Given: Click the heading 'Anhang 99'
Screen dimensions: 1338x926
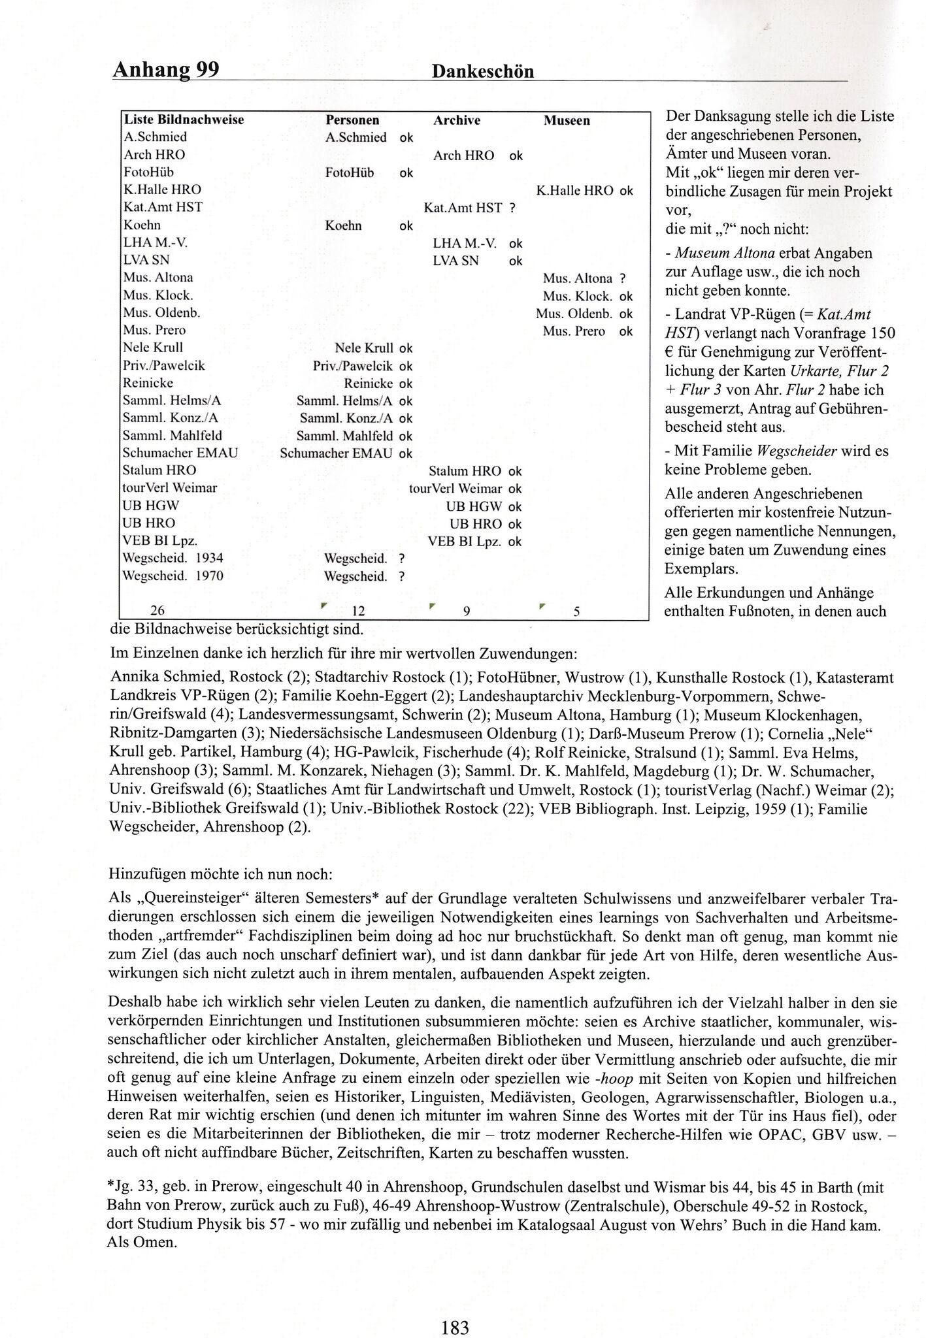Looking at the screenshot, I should tap(165, 69).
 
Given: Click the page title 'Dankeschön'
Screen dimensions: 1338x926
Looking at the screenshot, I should tap(483, 72).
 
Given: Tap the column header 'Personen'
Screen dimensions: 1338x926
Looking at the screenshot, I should tap(352, 120).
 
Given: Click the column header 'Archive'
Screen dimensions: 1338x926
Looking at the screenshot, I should tap(456, 120).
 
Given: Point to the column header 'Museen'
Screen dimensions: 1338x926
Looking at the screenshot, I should tap(567, 120).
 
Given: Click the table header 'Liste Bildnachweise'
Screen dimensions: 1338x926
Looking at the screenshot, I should tap(184, 120).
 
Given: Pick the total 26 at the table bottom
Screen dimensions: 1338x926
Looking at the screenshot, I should tap(157, 610).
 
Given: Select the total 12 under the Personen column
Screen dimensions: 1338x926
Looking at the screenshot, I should tap(357, 611).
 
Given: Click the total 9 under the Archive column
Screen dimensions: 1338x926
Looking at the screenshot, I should tap(467, 611).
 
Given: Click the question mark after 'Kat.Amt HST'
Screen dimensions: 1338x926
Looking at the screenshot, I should tap(512, 208).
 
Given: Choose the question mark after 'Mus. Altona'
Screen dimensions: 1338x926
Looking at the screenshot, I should tap(623, 278).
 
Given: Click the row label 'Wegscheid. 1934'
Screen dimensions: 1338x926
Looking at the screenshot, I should tap(173, 558).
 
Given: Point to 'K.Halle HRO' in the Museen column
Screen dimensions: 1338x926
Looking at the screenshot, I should tap(574, 190).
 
